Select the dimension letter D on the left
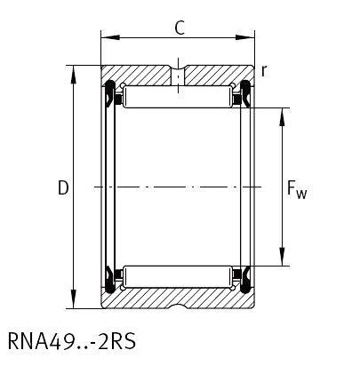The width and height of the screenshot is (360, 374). (x=62, y=188)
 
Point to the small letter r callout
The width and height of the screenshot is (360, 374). (x=265, y=69)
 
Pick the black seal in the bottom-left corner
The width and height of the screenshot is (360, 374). (x=111, y=281)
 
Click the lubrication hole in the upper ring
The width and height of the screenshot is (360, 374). (x=179, y=76)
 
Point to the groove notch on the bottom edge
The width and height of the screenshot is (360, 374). (x=179, y=306)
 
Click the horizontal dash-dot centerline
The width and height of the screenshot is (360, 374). (x=178, y=187)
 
